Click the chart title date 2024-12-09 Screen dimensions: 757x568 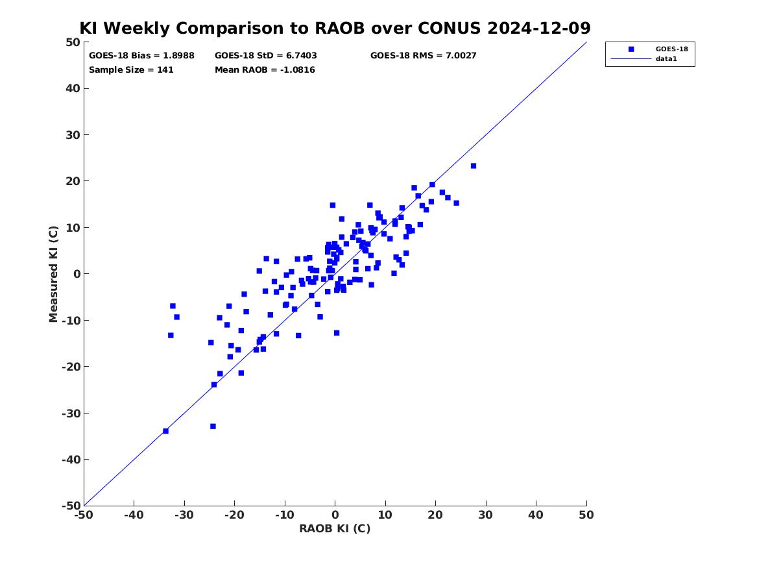[x=539, y=28]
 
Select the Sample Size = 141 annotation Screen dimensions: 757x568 [x=131, y=70]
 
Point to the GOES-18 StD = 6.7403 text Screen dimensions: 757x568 [x=265, y=56]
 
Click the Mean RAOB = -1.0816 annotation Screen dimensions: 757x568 [x=265, y=70]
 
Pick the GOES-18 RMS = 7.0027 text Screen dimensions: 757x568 [x=424, y=56]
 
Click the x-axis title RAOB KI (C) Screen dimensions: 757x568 [x=335, y=529]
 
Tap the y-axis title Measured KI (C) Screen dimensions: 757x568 [x=53, y=274]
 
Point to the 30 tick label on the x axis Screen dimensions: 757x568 [x=486, y=515]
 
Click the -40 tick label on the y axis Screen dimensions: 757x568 [x=71, y=460]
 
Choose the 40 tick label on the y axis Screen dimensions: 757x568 [x=73, y=88]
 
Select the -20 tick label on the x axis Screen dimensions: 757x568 [x=234, y=515]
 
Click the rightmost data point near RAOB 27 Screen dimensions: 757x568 [x=473, y=166]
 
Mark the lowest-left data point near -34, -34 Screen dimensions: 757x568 [x=165, y=431]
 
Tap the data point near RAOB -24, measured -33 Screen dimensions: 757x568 [x=213, y=426]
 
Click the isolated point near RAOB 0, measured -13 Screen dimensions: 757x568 [x=337, y=333]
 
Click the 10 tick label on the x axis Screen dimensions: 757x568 [x=385, y=515]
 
